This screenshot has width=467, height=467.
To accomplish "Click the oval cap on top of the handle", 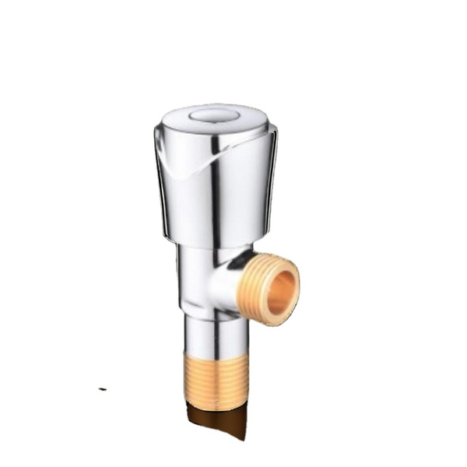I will (216, 116).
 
